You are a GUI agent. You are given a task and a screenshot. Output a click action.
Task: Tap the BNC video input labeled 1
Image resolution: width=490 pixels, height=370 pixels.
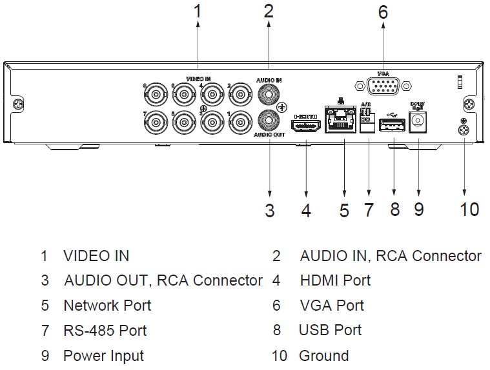pos(240,121)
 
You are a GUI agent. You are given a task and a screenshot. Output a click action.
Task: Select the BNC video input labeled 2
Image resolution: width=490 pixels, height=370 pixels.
pos(240,97)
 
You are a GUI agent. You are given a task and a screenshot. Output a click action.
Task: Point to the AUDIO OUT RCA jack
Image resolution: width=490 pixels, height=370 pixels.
pos(269,119)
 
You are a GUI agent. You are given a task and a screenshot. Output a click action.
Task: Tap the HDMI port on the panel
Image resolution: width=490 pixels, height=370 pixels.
pos(307,128)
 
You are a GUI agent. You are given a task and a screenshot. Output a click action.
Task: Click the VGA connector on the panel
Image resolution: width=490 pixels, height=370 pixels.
pos(383,86)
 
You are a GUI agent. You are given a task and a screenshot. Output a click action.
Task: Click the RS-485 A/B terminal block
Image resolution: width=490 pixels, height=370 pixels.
pos(367,120)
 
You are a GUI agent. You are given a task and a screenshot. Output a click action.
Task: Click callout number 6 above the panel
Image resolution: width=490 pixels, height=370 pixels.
pos(383,12)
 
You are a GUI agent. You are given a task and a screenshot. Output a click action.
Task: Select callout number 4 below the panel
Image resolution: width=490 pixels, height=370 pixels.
pos(307,210)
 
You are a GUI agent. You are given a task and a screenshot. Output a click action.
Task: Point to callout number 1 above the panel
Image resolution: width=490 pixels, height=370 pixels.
pos(198,11)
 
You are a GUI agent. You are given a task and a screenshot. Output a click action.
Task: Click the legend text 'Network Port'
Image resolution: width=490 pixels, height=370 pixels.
pos(107,306)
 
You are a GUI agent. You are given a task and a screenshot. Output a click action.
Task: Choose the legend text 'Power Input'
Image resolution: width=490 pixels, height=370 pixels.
pos(103,356)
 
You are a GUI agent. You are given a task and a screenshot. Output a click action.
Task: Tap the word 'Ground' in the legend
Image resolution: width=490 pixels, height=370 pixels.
pos(323,356)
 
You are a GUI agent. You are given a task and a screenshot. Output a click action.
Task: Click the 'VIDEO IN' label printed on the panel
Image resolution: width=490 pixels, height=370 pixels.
pos(198,79)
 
